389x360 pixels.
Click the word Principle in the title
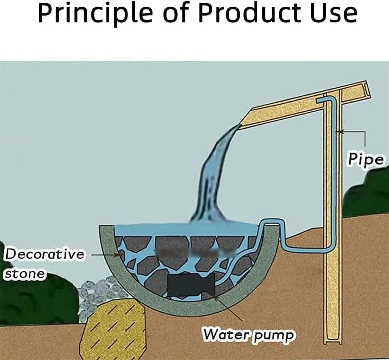tap(95, 14)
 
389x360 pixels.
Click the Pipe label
tap(365, 159)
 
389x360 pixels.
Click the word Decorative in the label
tap(44, 255)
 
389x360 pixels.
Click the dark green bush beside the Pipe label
tap(368, 194)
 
